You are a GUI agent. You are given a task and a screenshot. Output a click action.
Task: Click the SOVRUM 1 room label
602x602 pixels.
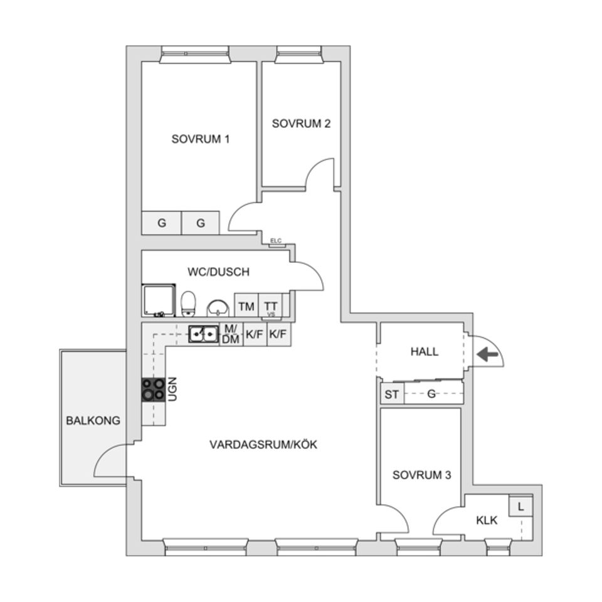click(200, 139)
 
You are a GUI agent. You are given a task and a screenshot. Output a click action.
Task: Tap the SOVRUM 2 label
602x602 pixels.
click(301, 124)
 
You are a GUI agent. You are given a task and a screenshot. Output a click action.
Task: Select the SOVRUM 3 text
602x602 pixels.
click(421, 475)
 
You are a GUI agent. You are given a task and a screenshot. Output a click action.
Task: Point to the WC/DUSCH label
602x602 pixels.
click(218, 272)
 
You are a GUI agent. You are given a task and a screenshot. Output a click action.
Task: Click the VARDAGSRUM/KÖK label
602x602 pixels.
click(263, 445)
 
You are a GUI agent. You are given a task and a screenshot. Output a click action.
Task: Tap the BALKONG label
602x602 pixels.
click(93, 420)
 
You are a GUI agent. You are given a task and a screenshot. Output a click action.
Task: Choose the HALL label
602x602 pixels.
click(425, 352)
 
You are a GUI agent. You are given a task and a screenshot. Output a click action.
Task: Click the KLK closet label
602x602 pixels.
click(487, 520)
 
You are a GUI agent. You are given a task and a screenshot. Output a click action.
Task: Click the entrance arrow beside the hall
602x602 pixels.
click(487, 355)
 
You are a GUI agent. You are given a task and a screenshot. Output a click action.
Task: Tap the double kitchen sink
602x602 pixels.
click(203, 335)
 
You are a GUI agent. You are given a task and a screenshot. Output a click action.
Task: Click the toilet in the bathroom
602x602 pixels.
click(188, 304)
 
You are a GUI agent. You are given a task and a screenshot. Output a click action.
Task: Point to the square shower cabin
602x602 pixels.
click(159, 300)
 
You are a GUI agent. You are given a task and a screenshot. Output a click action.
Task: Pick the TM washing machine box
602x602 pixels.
click(246, 307)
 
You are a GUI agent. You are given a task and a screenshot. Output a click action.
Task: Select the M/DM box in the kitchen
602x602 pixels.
click(230, 335)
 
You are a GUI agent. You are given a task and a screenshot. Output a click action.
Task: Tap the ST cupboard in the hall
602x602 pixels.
click(391, 394)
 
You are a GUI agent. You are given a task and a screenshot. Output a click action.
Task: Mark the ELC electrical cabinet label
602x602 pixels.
click(275, 241)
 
